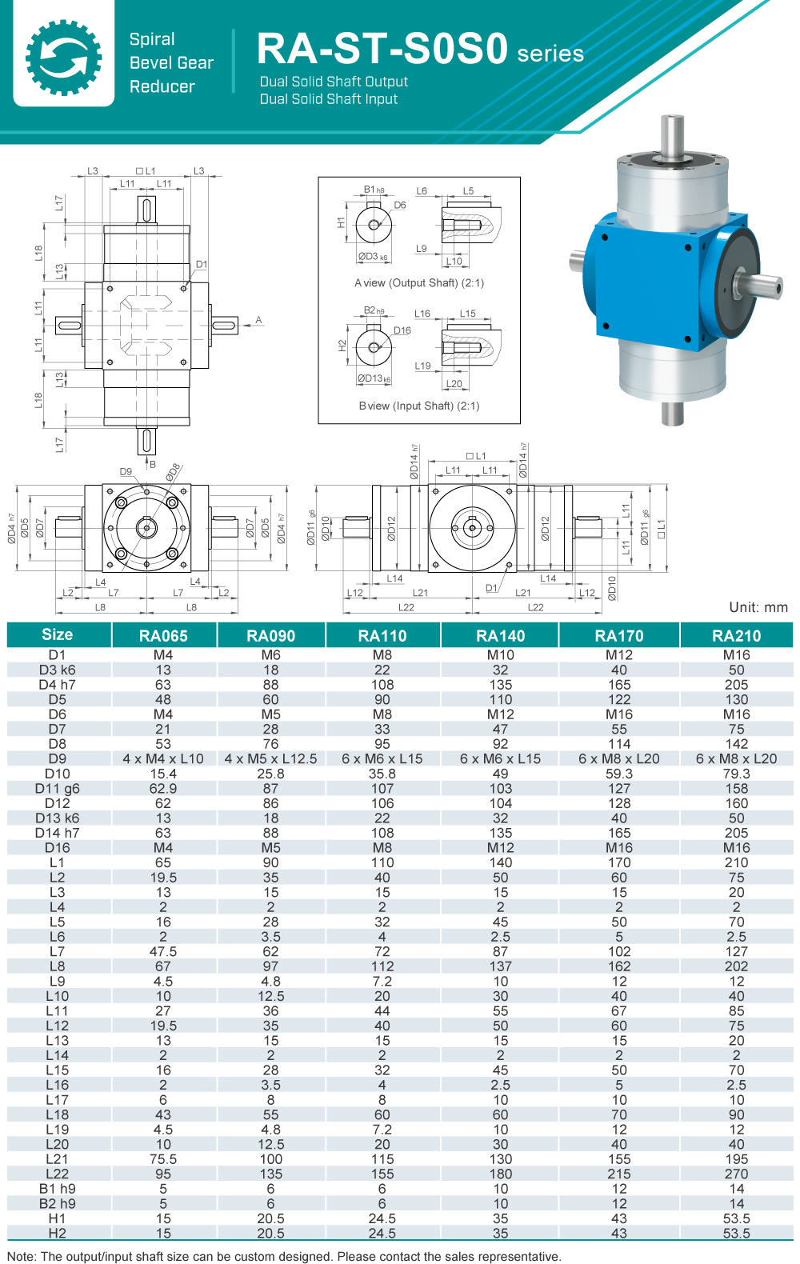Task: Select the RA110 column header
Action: (x=382, y=636)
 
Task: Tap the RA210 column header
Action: (x=736, y=636)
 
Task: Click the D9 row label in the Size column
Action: (x=58, y=758)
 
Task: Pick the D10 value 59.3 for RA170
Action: (x=619, y=774)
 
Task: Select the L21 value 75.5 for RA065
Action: (x=163, y=1159)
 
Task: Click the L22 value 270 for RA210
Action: (x=736, y=1174)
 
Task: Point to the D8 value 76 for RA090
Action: (x=271, y=744)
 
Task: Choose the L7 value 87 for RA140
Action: (x=501, y=951)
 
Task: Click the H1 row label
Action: (x=58, y=1218)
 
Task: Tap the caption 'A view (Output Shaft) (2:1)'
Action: (x=419, y=283)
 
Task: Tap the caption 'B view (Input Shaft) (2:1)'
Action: (x=419, y=406)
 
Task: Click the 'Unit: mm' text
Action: (x=758, y=607)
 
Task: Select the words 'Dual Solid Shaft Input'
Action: (x=329, y=99)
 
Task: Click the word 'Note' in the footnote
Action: (x=21, y=1256)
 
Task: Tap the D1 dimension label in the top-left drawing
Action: (x=202, y=264)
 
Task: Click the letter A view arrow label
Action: (x=258, y=320)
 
